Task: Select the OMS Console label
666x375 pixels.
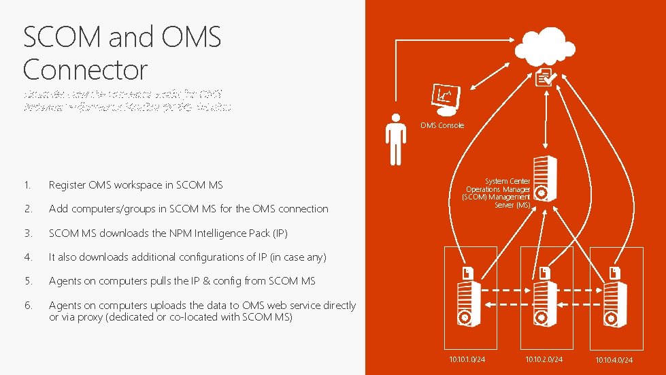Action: (x=442, y=125)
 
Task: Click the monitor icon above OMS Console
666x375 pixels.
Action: (x=446, y=97)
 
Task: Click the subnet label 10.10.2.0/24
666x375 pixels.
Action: (x=544, y=359)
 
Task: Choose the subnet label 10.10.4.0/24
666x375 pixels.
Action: (x=614, y=359)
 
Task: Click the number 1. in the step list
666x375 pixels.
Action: (x=27, y=185)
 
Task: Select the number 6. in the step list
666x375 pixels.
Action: (x=27, y=306)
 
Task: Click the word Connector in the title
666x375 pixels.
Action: (x=84, y=69)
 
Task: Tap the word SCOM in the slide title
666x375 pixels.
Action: (x=62, y=37)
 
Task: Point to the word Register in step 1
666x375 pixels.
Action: (x=68, y=185)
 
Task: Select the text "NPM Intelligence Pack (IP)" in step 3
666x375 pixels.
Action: (x=229, y=233)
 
